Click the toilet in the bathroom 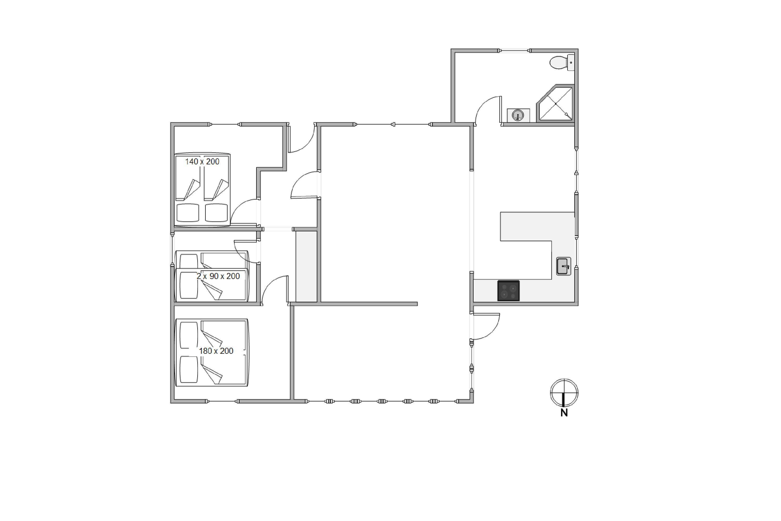pyautogui.click(x=562, y=63)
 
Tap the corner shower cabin pyautogui.click(x=555, y=103)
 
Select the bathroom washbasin pyautogui.click(x=518, y=115)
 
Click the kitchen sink pyautogui.click(x=564, y=266)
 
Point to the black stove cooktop pyautogui.click(x=508, y=291)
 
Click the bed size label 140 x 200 pyautogui.click(x=202, y=162)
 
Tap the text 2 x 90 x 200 pyautogui.click(x=218, y=276)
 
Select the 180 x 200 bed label pyautogui.click(x=216, y=351)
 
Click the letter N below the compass pyautogui.click(x=564, y=413)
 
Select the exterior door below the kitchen pyautogui.click(x=486, y=326)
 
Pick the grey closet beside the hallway pyautogui.click(x=306, y=266)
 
